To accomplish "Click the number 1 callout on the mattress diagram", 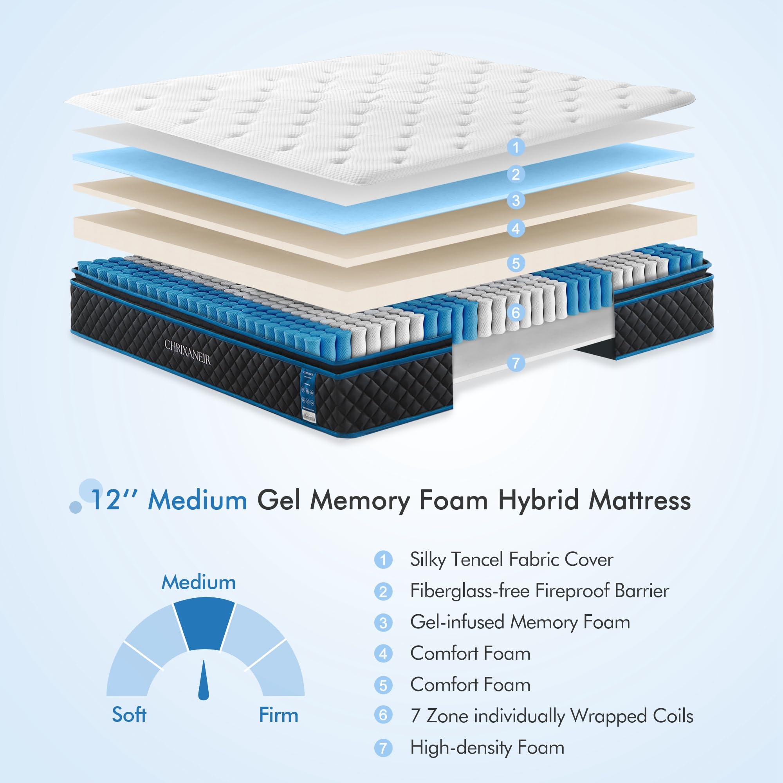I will pos(516,147).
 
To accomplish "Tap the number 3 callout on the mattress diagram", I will pos(516,200).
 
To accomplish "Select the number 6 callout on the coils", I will pos(516,312).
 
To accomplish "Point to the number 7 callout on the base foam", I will pos(516,363).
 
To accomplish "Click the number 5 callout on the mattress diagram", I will pos(516,263).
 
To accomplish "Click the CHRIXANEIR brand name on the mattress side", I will pos(187,352).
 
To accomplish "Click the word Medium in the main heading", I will pos(197,500).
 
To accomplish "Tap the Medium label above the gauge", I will pos(198,583).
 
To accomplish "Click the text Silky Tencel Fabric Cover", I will pos(511,560).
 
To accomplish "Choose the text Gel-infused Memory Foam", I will pos(520,622).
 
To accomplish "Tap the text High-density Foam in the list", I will pos(487,747).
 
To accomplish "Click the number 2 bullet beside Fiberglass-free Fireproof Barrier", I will pos(383,592).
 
